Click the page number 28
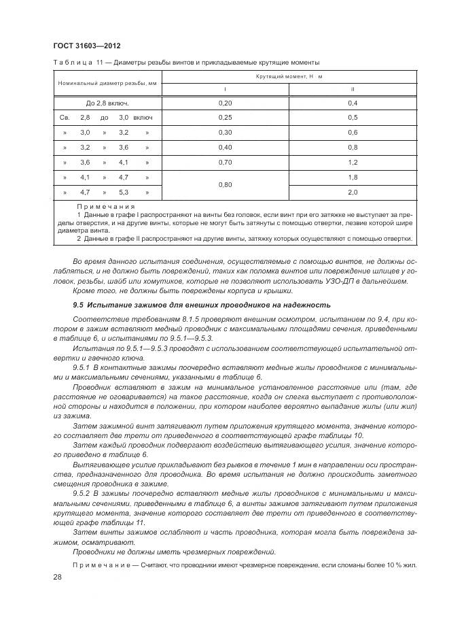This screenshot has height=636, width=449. [x=57, y=577]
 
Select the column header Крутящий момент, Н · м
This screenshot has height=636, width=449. [x=289, y=77]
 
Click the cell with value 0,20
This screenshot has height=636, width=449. [x=225, y=103]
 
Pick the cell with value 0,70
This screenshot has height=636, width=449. [x=225, y=163]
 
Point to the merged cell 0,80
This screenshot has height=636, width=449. [x=225, y=185]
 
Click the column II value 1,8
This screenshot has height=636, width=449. [x=352, y=178]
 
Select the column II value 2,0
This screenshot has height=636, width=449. [x=352, y=193]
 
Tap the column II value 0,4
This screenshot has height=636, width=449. [x=352, y=103]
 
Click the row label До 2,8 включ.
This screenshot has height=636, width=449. [x=107, y=103]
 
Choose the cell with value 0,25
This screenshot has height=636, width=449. [x=225, y=118]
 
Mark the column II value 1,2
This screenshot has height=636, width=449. [x=352, y=163]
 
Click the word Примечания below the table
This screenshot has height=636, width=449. [x=107, y=205]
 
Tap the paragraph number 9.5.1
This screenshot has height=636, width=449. [x=81, y=367]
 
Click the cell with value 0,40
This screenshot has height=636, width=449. [x=225, y=148]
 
